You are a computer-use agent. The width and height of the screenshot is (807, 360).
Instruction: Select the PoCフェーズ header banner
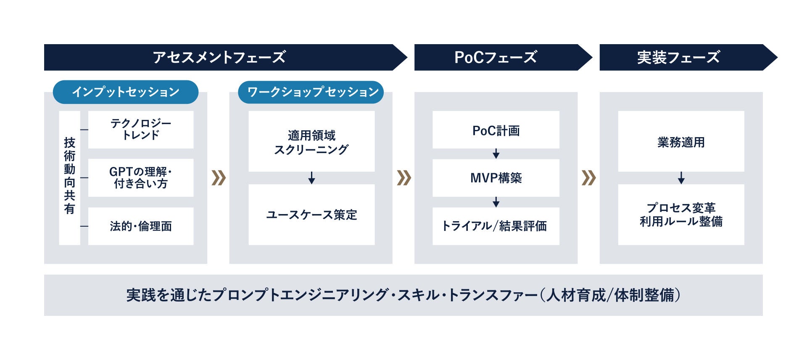tap(496, 57)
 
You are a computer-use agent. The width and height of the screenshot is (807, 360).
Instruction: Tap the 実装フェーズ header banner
tap(679, 57)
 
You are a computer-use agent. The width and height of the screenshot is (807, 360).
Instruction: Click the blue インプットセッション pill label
tap(125, 92)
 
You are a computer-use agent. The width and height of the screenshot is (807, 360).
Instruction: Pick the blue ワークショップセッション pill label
tap(311, 92)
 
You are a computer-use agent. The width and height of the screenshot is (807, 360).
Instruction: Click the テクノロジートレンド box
tap(141, 130)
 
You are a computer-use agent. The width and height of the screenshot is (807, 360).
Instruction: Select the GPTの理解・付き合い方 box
tap(141, 177)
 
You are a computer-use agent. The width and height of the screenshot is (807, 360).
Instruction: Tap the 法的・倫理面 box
tap(141, 226)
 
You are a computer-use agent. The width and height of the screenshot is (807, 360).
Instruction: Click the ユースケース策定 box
tap(311, 214)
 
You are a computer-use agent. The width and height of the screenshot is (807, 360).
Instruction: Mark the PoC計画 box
tap(496, 130)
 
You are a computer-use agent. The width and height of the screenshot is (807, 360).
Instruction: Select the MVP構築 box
tap(496, 178)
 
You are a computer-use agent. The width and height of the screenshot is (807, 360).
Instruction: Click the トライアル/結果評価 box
tap(496, 226)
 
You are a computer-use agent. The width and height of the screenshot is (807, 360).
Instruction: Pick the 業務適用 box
tap(681, 142)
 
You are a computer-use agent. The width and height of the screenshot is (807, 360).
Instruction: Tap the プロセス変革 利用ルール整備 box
tap(681, 214)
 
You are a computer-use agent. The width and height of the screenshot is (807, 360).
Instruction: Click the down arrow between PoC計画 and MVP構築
tap(496, 154)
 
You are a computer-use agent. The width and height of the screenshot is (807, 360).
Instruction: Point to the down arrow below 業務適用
tap(681, 178)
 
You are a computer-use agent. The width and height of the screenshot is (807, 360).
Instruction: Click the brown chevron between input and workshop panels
tap(219, 178)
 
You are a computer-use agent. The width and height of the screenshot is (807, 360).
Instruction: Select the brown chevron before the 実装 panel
tap(588, 178)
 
